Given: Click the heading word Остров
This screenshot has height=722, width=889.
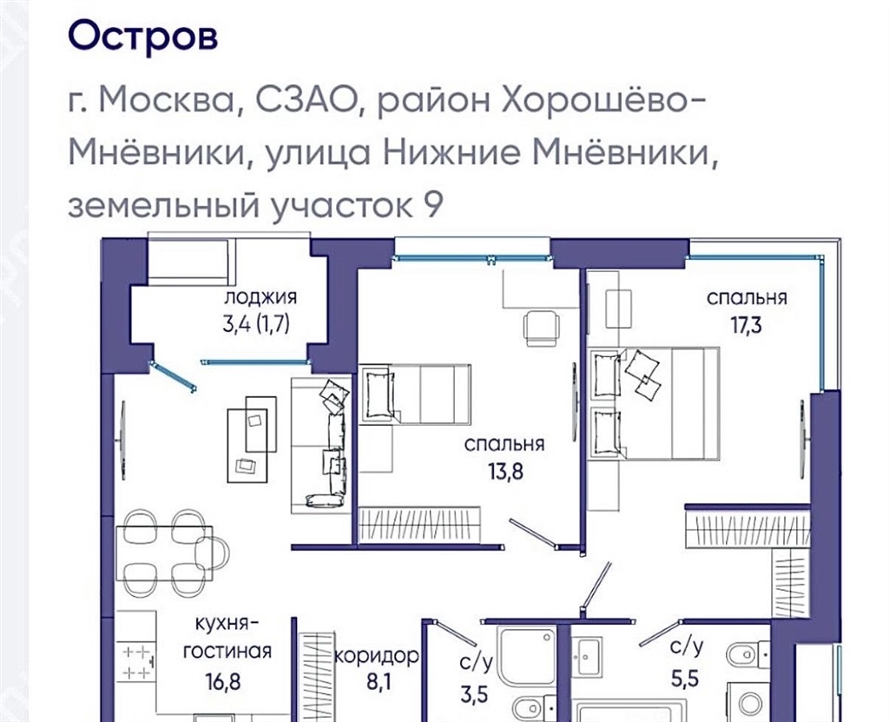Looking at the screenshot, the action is point(143,36).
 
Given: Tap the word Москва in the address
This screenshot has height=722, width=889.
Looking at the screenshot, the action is point(167,102).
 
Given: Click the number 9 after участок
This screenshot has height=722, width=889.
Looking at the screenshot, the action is point(433,205).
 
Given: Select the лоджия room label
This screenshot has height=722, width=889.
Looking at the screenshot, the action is point(260,297).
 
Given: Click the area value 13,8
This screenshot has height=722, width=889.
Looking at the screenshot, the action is point(506,471).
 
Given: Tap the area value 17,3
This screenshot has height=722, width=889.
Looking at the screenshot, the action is point(746,326).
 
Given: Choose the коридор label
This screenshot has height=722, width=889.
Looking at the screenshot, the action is point(377,657).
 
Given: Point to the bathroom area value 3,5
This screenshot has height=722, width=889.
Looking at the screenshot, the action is point(473,694).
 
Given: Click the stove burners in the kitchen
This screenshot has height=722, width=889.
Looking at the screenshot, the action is point(138,662).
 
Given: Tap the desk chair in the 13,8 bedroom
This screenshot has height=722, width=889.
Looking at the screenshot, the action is point(542,328).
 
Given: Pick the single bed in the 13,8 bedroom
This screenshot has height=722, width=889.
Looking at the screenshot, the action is point(416,394).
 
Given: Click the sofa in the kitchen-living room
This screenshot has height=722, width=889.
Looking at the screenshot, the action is point(319,446).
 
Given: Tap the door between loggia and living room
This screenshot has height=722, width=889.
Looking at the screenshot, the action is point(173,376).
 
